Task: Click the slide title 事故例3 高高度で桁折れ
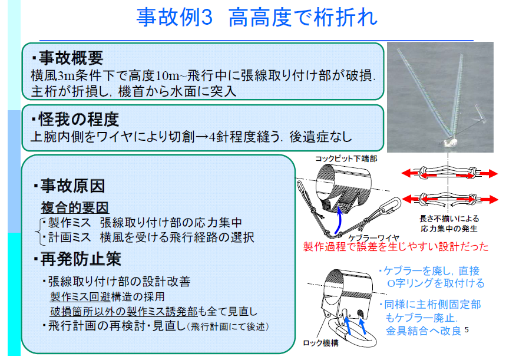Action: [257, 17]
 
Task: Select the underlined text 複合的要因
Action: [75, 208]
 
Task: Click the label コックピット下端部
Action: [346, 158]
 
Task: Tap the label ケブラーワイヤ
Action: [373, 238]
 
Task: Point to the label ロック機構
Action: [320, 343]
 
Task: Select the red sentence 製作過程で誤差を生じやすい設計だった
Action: [396, 246]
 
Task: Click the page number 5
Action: [467, 329]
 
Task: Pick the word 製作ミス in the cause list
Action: [70, 223]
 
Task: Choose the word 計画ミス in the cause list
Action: [70, 237]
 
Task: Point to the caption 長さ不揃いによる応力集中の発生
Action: [449, 224]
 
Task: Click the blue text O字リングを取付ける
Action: [436, 283]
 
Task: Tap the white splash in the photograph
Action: [448, 142]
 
